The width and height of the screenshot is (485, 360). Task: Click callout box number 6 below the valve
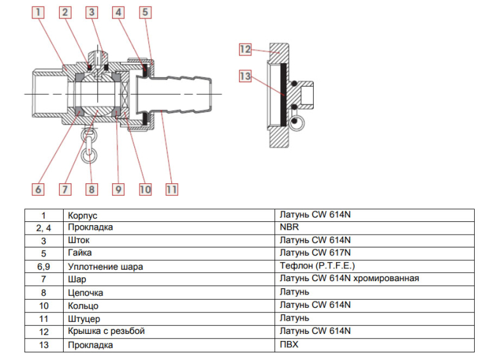coord(38,189)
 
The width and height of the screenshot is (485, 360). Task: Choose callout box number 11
coord(171,189)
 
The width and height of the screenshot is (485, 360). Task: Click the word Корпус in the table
coord(82,216)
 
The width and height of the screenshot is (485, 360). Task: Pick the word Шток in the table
coord(78,241)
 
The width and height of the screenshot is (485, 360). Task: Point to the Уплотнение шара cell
coord(104,267)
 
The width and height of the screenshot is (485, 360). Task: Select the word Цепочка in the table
coord(85,293)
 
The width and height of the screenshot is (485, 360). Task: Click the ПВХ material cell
coord(289,344)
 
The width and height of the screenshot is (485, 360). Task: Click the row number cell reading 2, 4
coord(43,228)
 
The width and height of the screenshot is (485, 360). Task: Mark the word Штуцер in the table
coord(83,319)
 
